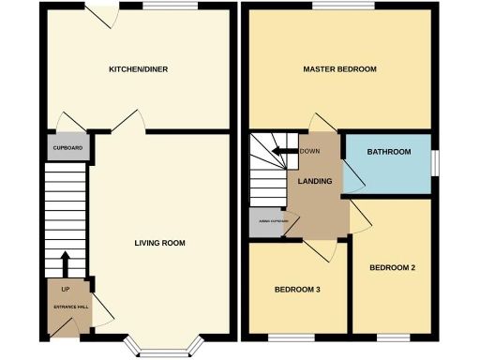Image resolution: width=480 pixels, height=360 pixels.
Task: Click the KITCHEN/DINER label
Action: (138, 69)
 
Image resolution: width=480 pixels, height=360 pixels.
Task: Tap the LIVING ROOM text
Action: (158, 243)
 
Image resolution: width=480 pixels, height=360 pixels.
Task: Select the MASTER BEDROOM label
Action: (339, 69)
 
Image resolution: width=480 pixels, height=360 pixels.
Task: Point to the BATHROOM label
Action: (388, 151)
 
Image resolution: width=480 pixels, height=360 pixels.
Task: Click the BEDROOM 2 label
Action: (392, 268)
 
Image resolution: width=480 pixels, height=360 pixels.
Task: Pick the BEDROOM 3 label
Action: (297, 289)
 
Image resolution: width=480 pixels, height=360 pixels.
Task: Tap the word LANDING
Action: (315, 181)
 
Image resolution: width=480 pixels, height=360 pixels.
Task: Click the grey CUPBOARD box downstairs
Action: (67, 148)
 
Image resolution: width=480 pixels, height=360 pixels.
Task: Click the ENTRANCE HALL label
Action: (69, 307)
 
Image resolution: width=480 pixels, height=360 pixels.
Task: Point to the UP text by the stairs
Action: (66, 289)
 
